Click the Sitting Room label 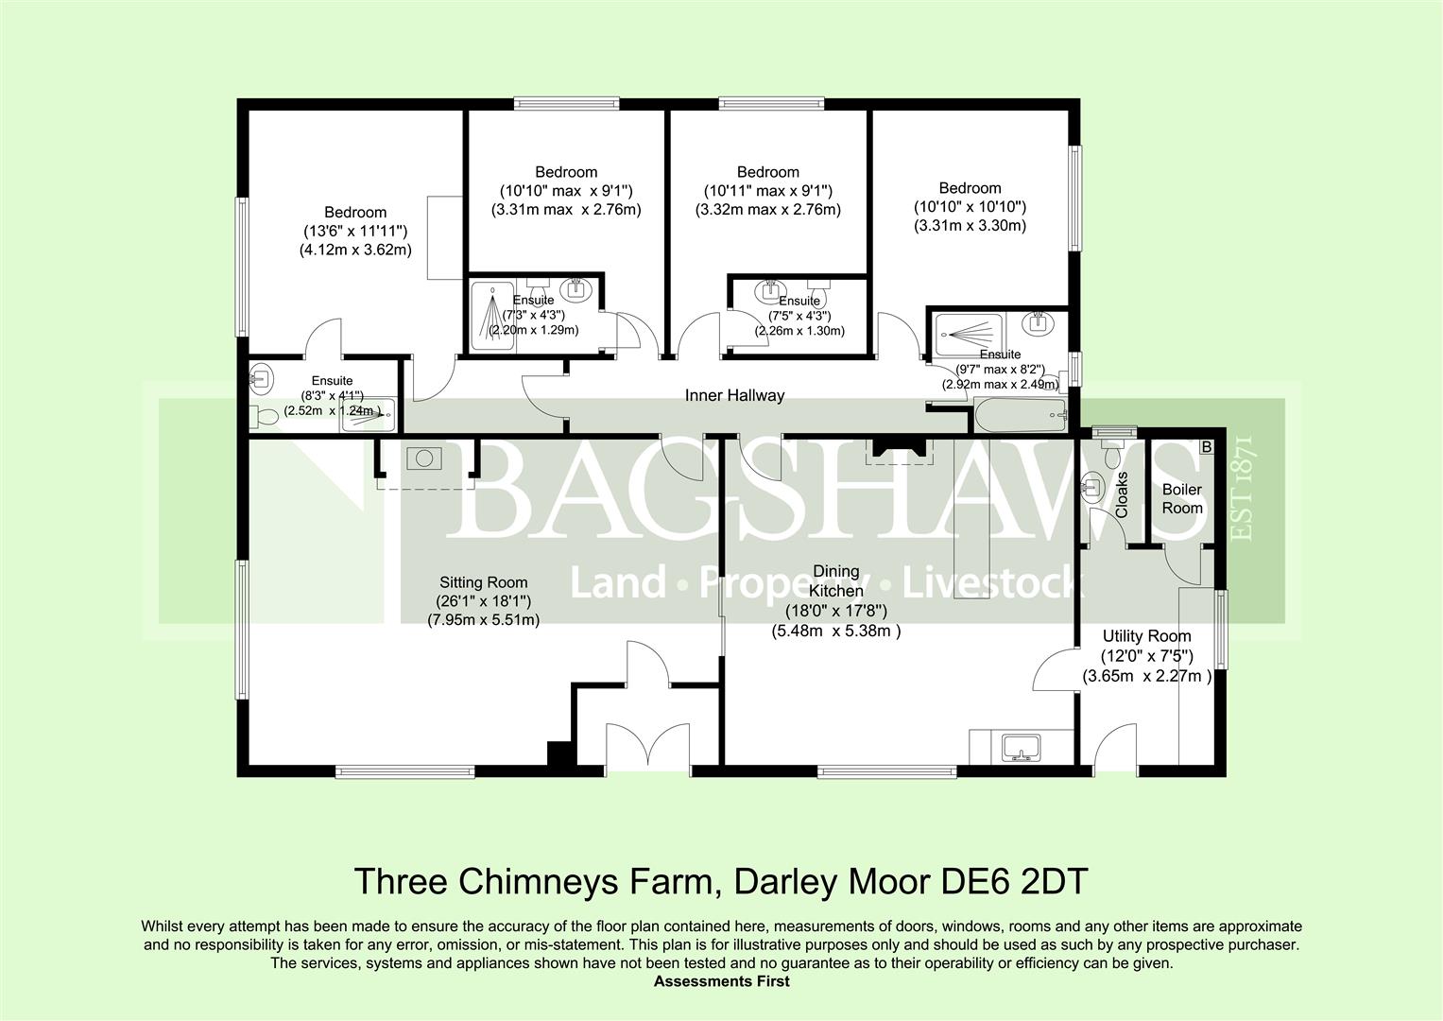pyautogui.click(x=483, y=582)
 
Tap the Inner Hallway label pyautogui.click(x=734, y=395)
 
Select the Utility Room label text pyautogui.click(x=1146, y=636)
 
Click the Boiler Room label pyautogui.click(x=1182, y=498)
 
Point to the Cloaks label pyautogui.click(x=1122, y=495)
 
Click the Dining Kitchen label pyautogui.click(x=836, y=580)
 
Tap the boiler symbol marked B pyautogui.click(x=1207, y=446)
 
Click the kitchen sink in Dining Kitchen pyautogui.click(x=1021, y=748)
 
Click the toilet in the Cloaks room pyautogui.click(x=1110, y=453)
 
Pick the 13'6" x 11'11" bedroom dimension pyautogui.click(x=355, y=231)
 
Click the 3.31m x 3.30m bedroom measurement pyautogui.click(x=970, y=226)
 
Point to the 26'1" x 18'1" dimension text pyautogui.click(x=483, y=601)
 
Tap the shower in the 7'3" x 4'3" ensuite pyautogui.click(x=492, y=316)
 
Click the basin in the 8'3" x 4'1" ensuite pyautogui.click(x=261, y=375)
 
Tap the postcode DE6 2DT pyautogui.click(x=1015, y=881)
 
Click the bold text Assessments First pyautogui.click(x=722, y=981)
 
